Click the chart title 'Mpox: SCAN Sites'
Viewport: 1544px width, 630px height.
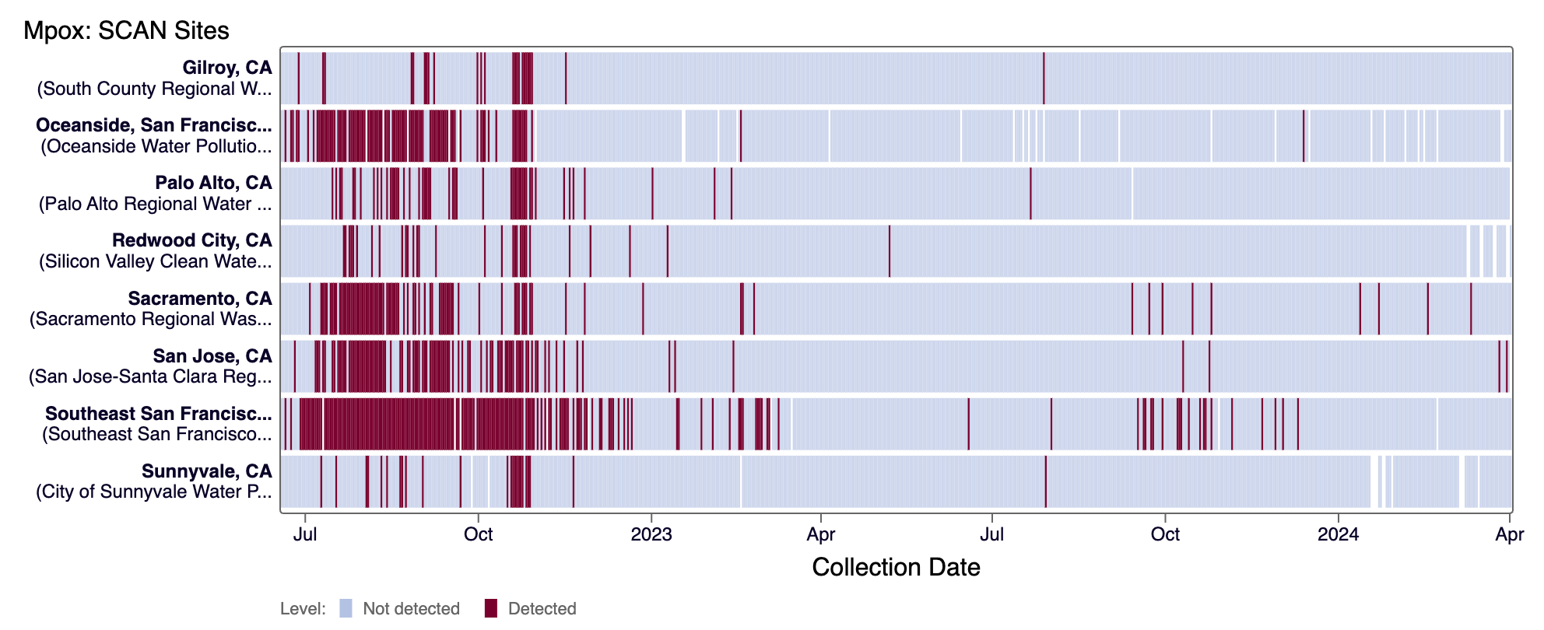click(126, 30)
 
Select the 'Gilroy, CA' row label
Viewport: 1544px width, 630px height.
click(227, 68)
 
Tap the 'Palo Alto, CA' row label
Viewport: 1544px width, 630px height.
click(213, 183)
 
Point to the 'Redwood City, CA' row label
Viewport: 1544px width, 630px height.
click(192, 240)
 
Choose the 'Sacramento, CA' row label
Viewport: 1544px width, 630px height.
click(200, 299)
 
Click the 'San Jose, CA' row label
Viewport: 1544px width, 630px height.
click(212, 356)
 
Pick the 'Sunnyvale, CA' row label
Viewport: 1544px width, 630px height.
click(207, 471)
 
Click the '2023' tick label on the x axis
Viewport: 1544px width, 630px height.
click(651, 534)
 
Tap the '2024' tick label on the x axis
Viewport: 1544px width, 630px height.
click(1338, 534)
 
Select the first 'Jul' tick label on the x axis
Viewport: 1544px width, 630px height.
click(305, 534)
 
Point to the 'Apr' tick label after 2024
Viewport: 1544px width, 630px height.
click(1509, 534)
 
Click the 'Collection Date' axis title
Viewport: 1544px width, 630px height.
click(896, 567)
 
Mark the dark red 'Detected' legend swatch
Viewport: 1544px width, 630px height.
click(490, 608)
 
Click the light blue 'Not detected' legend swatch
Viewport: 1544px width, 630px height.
click(346, 608)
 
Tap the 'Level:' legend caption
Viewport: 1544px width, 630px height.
click(303, 608)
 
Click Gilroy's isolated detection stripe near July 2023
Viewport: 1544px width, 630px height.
click(1044, 78)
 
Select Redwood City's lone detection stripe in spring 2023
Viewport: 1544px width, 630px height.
click(890, 250)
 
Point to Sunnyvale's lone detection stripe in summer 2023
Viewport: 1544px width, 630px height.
click(1045, 481)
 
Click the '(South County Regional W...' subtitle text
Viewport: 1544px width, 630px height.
click(155, 89)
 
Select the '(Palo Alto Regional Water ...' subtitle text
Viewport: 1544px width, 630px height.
click(156, 204)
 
